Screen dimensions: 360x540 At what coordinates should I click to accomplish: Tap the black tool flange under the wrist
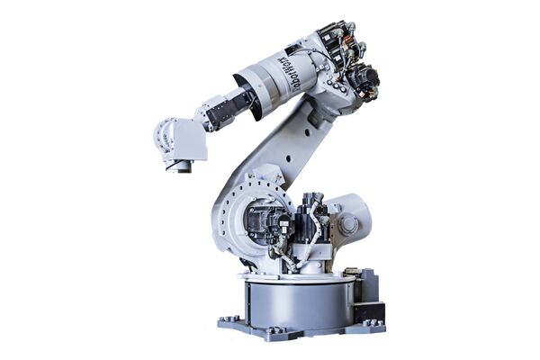coord(180,165)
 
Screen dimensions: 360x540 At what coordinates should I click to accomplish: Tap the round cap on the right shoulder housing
coord(347,226)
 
